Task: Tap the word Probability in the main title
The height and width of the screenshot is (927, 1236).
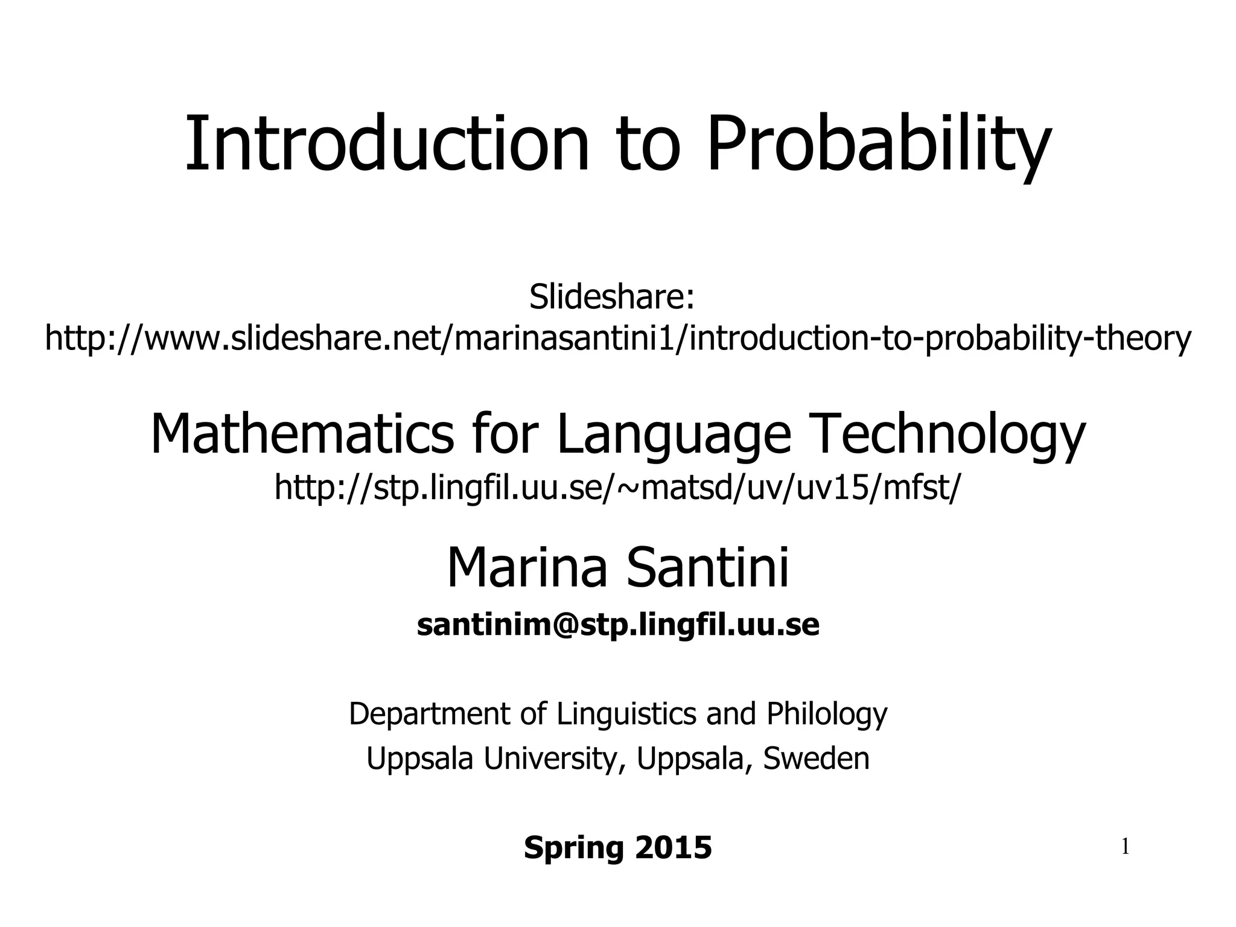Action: (x=879, y=145)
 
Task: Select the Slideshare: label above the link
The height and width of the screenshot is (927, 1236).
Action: (x=612, y=297)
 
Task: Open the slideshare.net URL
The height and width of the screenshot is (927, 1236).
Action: (x=618, y=338)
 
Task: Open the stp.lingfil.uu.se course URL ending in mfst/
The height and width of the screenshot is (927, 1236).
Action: (x=616, y=488)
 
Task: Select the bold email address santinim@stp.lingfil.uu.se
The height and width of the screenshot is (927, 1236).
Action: (x=618, y=625)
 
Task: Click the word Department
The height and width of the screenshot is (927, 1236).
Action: (x=430, y=715)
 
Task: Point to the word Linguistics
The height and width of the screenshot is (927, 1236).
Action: (x=626, y=715)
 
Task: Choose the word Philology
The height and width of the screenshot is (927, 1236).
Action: (x=827, y=715)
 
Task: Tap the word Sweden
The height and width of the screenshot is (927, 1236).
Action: (x=816, y=759)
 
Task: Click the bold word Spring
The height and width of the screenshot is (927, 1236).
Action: (x=574, y=848)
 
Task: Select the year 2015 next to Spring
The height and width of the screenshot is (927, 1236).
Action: (x=674, y=847)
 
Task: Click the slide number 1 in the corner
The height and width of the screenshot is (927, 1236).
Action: (x=1125, y=848)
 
